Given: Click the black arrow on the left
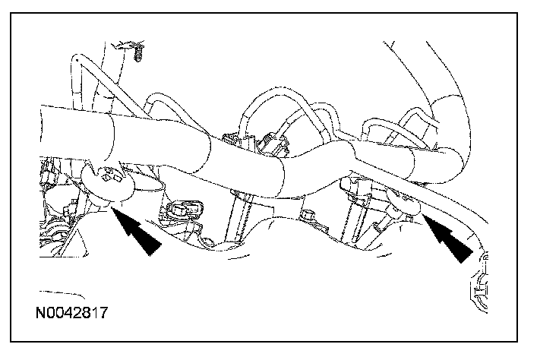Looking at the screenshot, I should [x=137, y=232].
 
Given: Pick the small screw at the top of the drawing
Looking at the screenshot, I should [x=138, y=53].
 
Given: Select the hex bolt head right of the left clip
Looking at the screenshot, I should [x=185, y=207].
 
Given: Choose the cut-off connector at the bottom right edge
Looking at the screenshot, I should [x=477, y=288].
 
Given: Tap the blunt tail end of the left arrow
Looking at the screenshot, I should [x=156, y=247].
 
